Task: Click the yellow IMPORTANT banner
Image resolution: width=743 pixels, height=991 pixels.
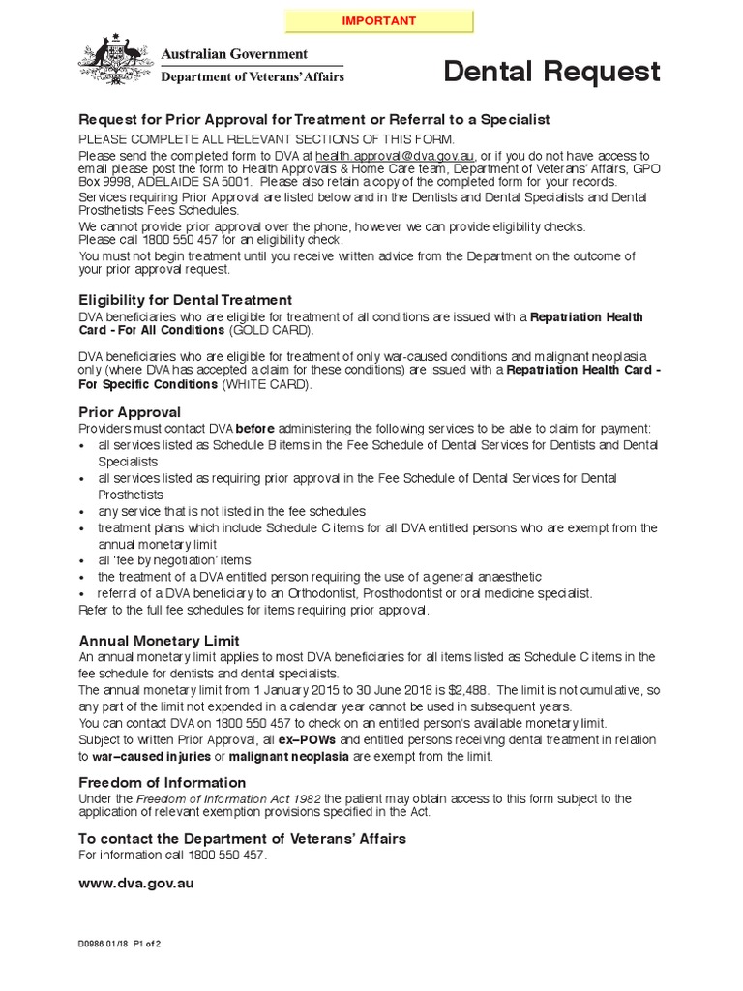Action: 378,21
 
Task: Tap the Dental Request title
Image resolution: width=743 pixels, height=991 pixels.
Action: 551,72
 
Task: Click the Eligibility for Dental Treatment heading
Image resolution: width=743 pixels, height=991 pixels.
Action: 185,300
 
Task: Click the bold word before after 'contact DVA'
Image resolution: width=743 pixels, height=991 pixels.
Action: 256,429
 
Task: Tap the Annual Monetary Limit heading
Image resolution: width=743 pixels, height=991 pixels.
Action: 159,641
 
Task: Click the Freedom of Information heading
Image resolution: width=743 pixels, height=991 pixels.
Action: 162,782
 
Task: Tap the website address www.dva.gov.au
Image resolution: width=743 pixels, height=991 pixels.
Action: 135,884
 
